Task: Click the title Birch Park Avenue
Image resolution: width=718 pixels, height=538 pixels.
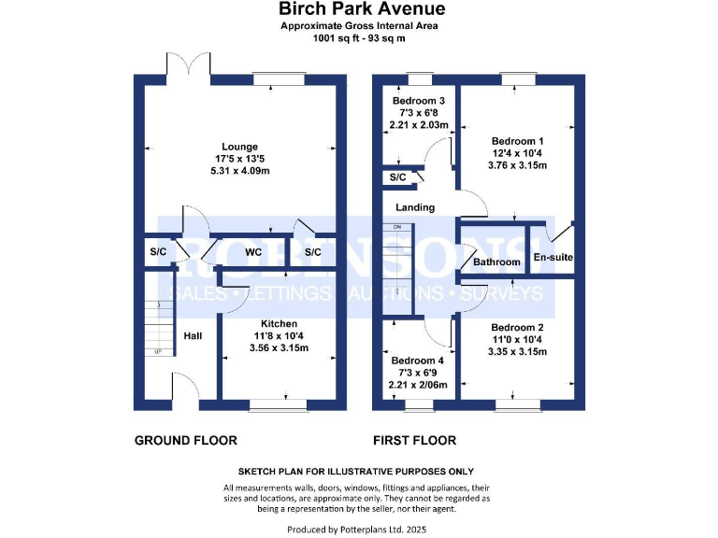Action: [359, 9]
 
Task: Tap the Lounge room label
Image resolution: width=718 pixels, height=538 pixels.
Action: [239, 146]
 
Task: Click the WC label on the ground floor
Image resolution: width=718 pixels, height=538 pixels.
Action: [252, 252]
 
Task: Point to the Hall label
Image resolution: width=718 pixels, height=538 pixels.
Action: [192, 335]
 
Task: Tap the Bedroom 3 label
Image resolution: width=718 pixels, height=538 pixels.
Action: [418, 100]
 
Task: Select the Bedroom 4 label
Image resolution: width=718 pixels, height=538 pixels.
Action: [418, 361]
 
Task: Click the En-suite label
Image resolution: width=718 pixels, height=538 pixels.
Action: [553, 257]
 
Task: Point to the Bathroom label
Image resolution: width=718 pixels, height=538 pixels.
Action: [495, 262]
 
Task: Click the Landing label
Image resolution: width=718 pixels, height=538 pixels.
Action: [415, 207]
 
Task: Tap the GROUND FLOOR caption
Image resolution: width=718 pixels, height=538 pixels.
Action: [186, 440]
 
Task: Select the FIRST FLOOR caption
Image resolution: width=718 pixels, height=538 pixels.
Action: [414, 440]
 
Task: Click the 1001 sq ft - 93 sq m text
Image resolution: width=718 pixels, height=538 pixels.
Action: [359, 38]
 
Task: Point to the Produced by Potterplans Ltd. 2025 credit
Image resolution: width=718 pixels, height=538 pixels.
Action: [359, 529]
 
